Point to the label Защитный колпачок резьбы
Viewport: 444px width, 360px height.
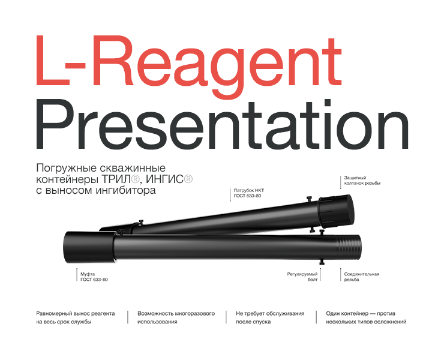[x=362, y=181]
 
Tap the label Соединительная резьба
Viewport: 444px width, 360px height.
[x=361, y=277]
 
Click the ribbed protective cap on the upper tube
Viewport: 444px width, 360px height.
[x=335, y=212]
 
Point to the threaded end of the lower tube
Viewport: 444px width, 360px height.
[x=350, y=246]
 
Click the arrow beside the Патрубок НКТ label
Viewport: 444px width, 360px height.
[x=230, y=194]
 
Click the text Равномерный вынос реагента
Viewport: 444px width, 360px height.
[x=75, y=313]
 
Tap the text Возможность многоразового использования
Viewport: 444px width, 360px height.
[x=176, y=317]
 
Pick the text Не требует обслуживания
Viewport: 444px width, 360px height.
[x=270, y=313]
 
